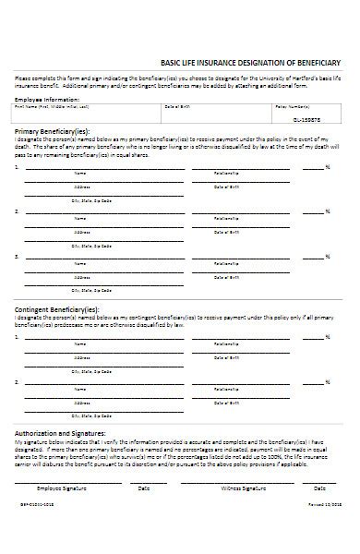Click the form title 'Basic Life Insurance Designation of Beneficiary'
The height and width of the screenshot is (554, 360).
[250, 62]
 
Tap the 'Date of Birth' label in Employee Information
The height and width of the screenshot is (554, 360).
[177, 107]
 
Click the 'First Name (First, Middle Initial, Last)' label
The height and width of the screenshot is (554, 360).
[45, 107]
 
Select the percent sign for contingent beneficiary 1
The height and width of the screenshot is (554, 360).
[328, 338]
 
